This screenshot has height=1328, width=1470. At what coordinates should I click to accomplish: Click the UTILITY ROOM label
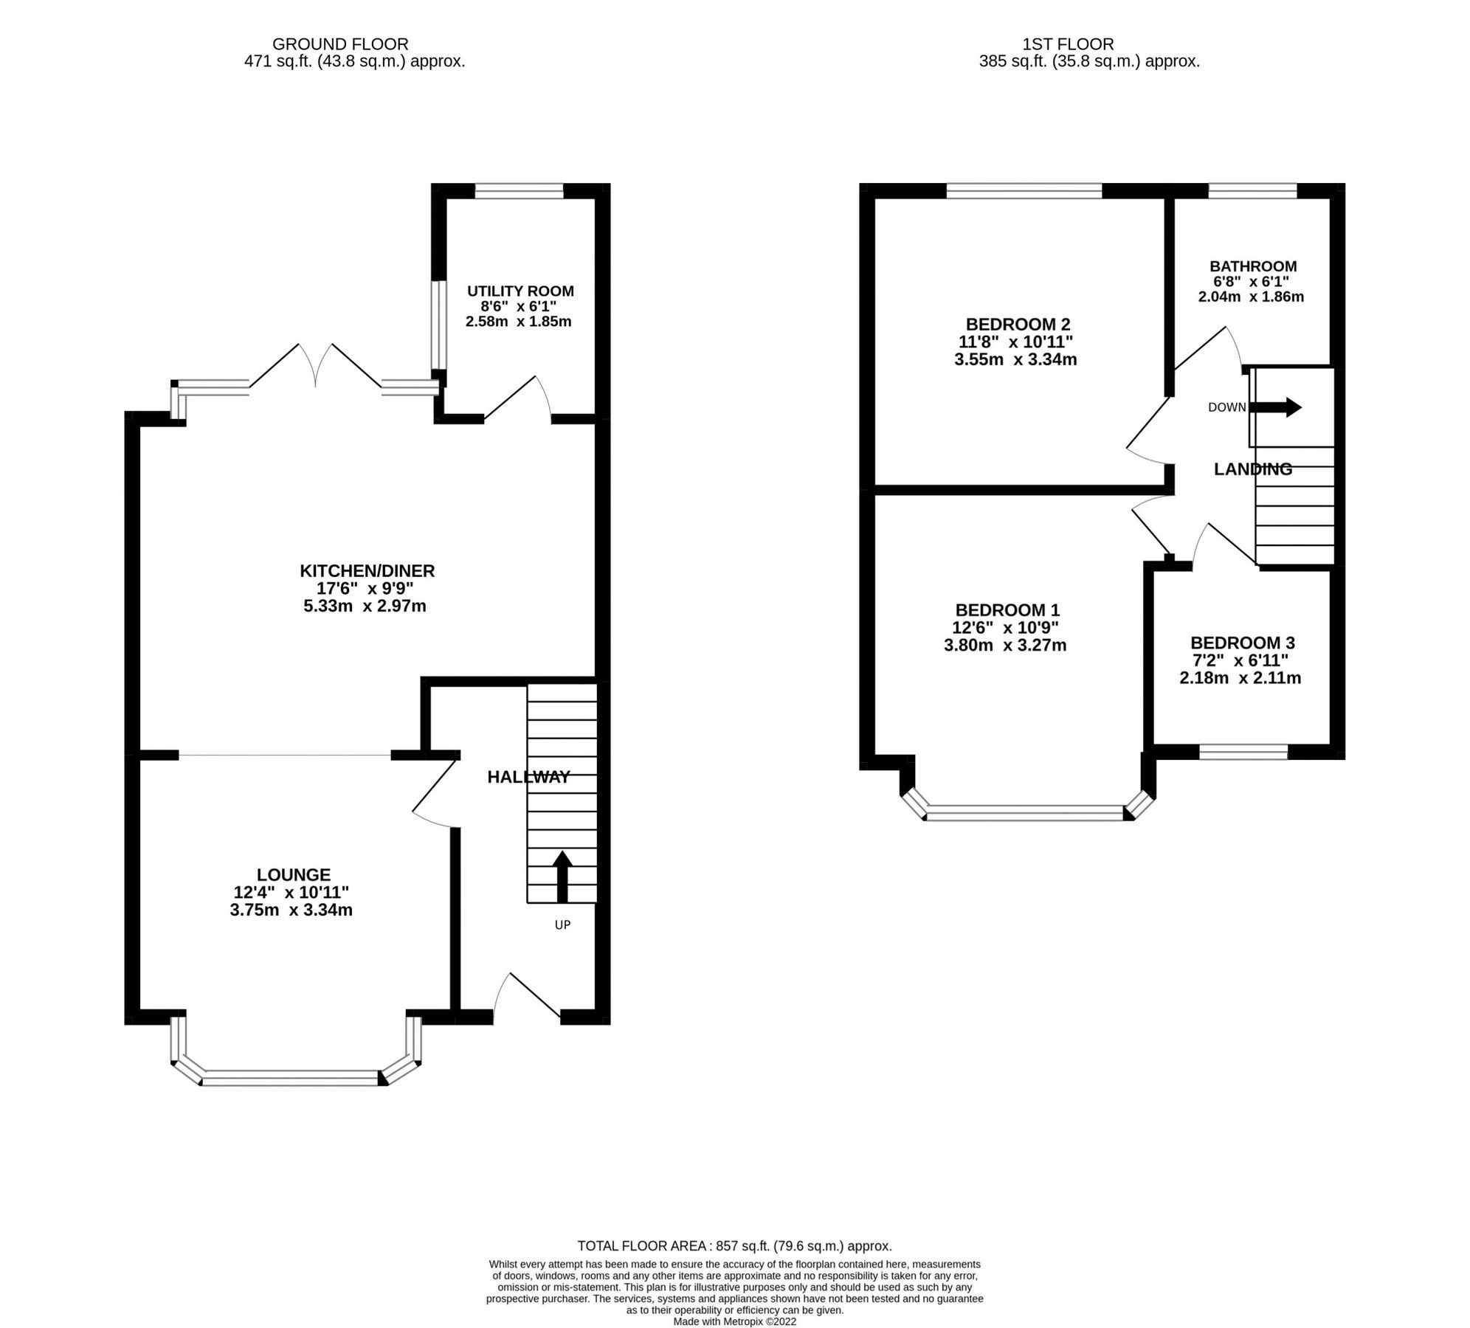tap(520, 291)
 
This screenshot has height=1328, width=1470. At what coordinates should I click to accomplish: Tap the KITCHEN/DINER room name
tap(367, 570)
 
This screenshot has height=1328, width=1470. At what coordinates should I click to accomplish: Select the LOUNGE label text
tap(293, 874)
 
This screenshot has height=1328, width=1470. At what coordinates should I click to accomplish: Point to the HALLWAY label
tap(528, 776)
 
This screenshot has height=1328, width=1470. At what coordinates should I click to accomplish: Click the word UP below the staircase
tap(562, 924)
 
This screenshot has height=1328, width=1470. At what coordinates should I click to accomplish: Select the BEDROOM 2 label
tap(1018, 324)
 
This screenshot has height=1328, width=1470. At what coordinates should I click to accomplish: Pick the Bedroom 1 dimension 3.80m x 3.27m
tap(1005, 646)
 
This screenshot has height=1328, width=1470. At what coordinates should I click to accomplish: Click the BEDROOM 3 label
tap(1242, 643)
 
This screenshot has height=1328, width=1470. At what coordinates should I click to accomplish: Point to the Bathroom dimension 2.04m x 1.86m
tap(1251, 297)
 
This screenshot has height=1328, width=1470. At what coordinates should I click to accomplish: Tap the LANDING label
tap(1252, 468)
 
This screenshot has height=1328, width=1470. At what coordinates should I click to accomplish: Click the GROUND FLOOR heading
tap(339, 44)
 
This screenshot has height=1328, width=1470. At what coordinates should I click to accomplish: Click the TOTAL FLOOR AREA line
tap(734, 1246)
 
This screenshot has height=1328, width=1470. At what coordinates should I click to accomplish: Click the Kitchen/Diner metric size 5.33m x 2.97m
tap(365, 606)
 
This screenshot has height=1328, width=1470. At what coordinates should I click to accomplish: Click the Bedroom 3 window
tap(1243, 752)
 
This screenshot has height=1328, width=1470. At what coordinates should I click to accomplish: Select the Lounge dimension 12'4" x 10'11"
tap(291, 892)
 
